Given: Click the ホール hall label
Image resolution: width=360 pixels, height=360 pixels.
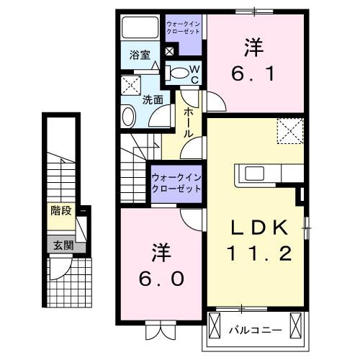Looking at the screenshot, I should coord(189,122).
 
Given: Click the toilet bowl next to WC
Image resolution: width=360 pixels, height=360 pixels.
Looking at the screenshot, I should coord(176,71).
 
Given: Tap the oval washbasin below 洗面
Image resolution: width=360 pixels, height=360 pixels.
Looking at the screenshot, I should coord(127,115).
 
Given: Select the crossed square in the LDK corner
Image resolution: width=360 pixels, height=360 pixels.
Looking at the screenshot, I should coord(289,131).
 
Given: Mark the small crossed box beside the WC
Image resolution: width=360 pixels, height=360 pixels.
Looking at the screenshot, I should coord(170,51).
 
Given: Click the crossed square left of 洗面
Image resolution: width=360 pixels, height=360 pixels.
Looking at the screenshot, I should coord(130,84).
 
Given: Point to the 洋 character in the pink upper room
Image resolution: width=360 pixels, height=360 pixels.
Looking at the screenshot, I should coord(253,48).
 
